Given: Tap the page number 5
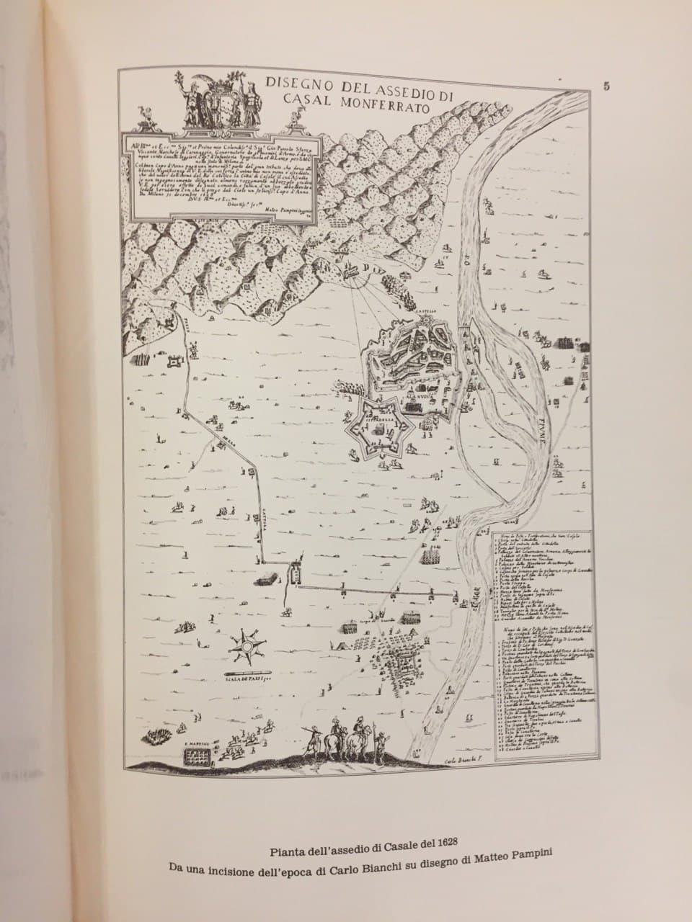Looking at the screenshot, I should (607, 86).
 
